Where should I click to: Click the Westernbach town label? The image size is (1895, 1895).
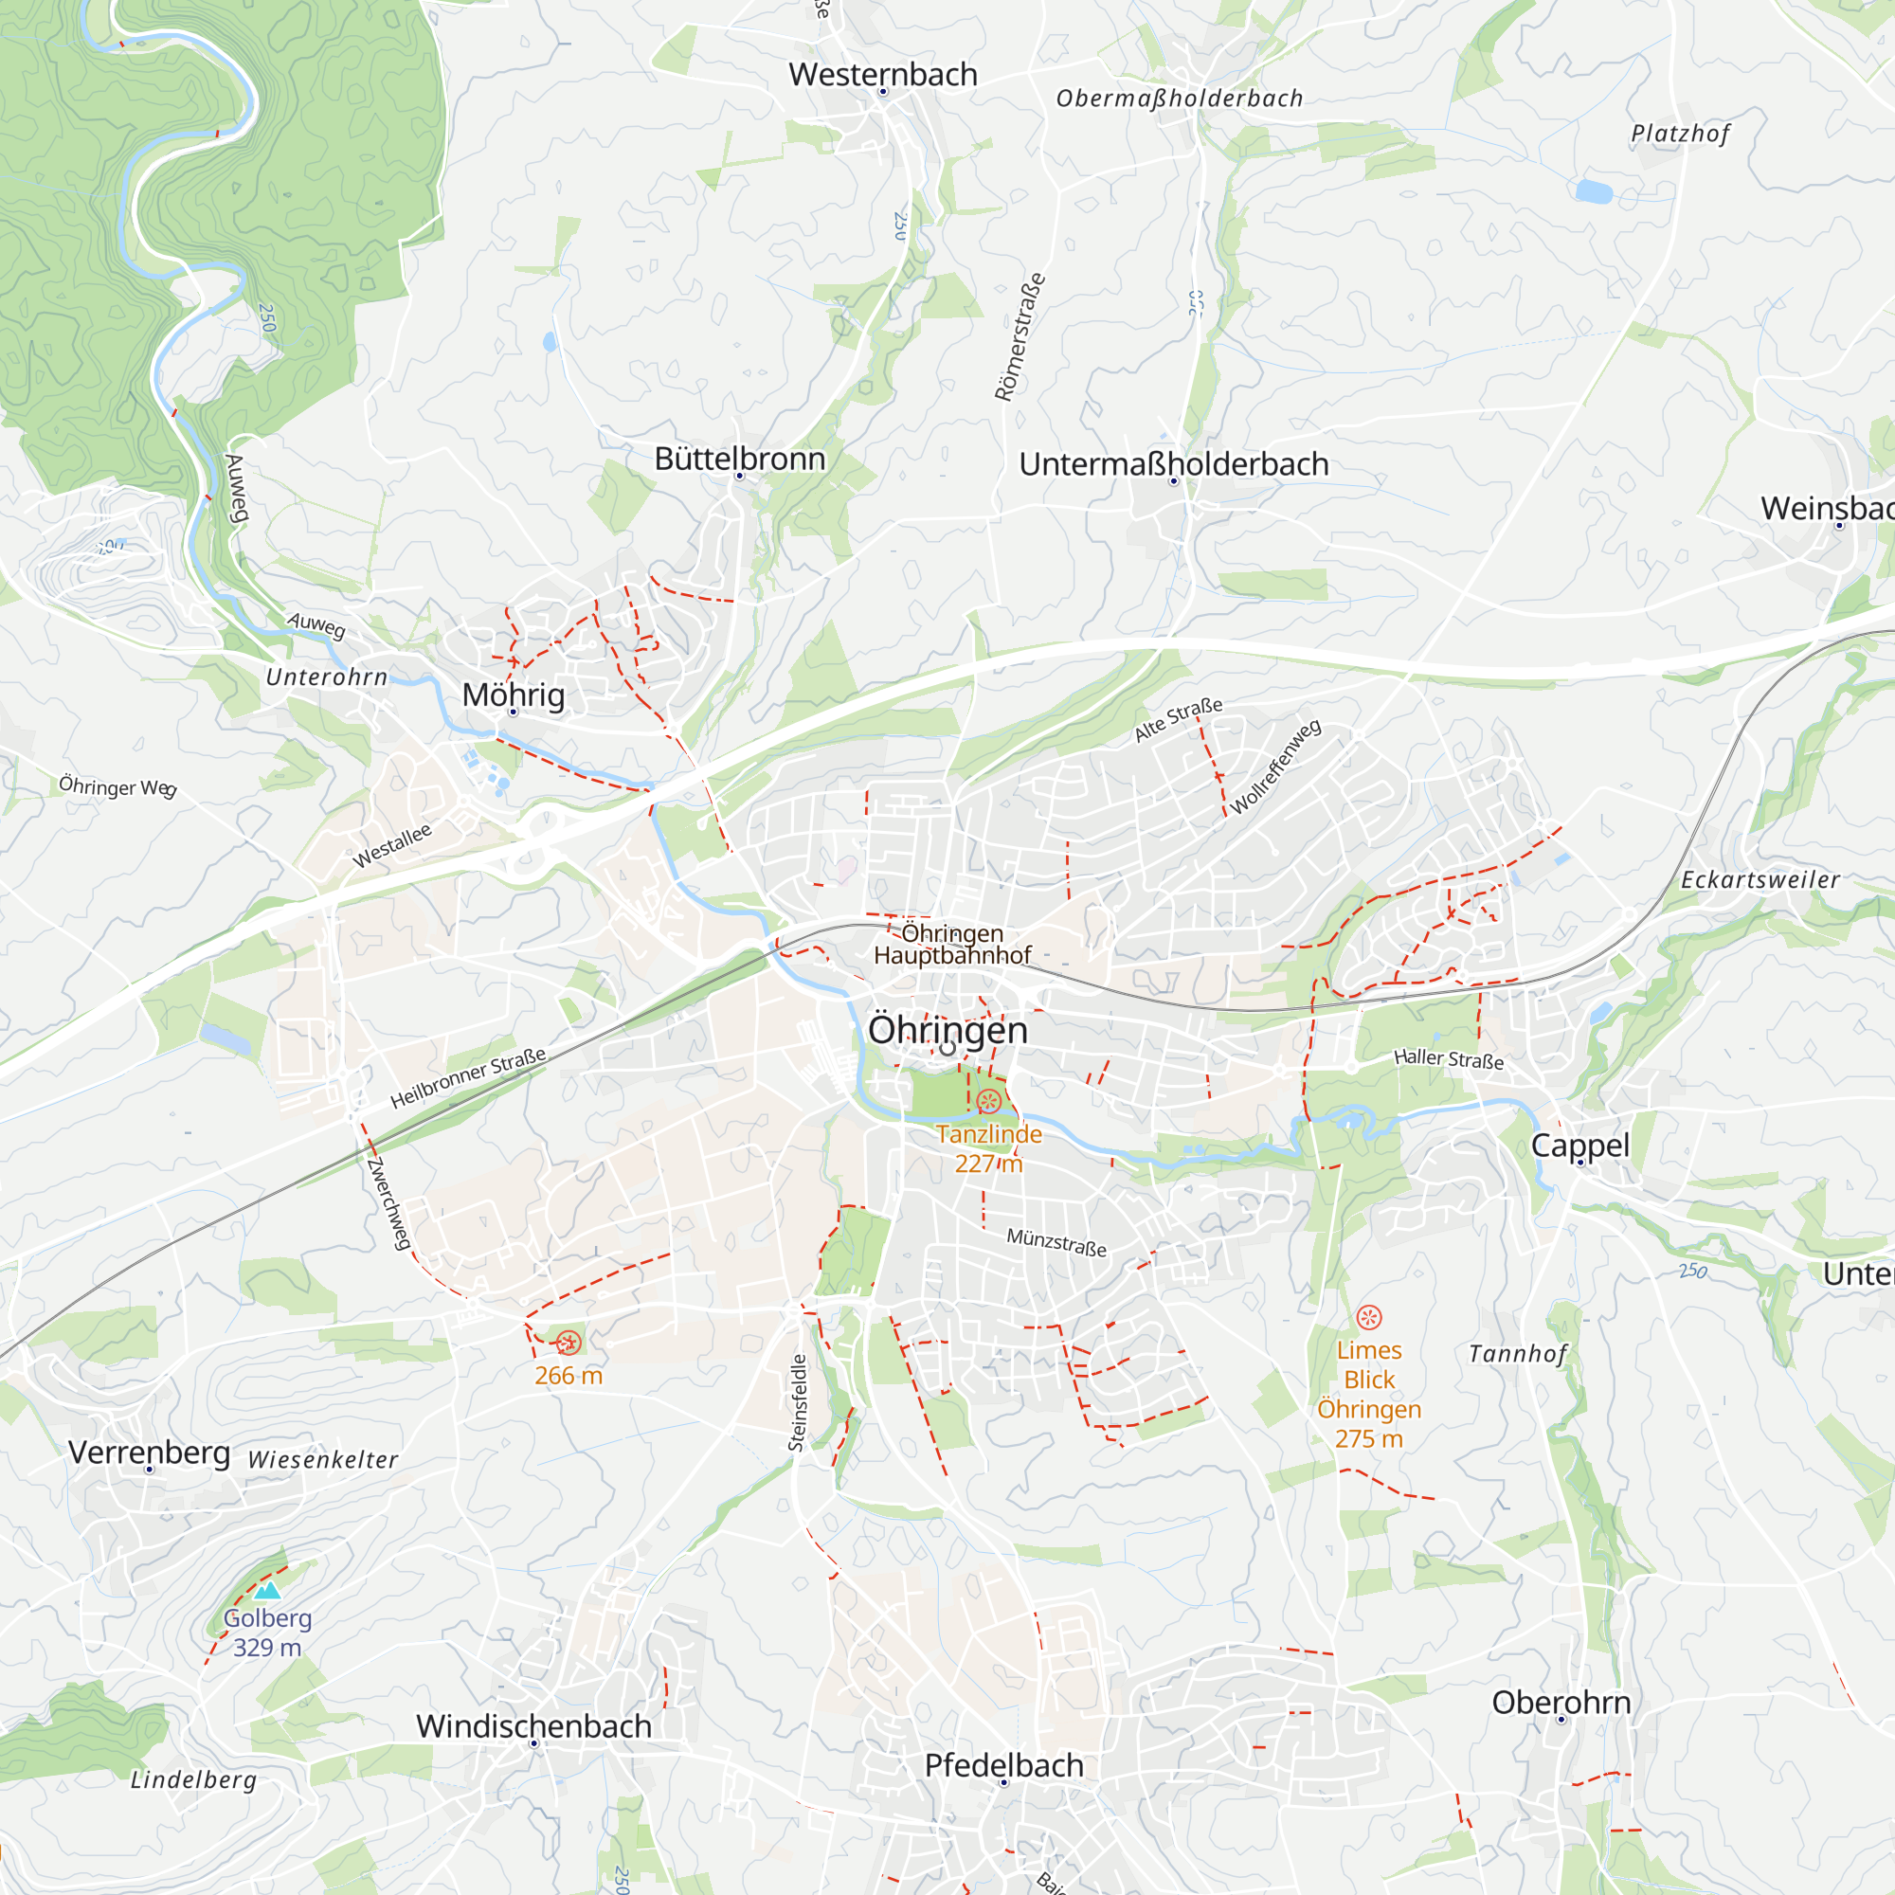pyautogui.click(x=883, y=75)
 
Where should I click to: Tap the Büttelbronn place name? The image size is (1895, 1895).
pyautogui.click(x=740, y=459)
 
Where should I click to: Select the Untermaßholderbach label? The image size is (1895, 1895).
pyautogui.click(x=1173, y=464)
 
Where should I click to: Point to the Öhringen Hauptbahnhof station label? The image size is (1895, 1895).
pyautogui.click(x=951, y=944)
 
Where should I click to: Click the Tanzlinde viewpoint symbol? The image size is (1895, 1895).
pyautogui.click(x=987, y=1100)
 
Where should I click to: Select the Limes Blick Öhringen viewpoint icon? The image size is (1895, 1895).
pyautogui.click(x=1368, y=1317)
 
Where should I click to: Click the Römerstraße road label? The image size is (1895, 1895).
pyautogui.click(x=1020, y=337)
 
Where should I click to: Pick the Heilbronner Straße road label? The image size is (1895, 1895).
pyautogui.click(x=468, y=1078)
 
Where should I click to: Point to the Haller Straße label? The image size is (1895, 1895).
pyautogui.click(x=1448, y=1059)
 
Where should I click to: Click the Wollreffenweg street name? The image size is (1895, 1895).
pyautogui.click(x=1275, y=767)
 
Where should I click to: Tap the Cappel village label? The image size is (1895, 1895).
pyautogui.click(x=1579, y=1145)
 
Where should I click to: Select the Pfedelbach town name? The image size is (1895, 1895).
pyautogui.click(x=1003, y=1765)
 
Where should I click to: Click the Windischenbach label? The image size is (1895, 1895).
pyautogui.click(x=533, y=1726)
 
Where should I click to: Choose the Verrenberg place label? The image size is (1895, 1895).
pyautogui.click(x=149, y=1453)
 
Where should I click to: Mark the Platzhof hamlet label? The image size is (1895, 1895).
pyautogui.click(x=1680, y=135)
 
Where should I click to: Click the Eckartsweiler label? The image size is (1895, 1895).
pyautogui.click(x=1760, y=880)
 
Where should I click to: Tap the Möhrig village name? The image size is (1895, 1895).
pyautogui.click(x=513, y=695)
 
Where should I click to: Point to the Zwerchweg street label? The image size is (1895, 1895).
pyautogui.click(x=388, y=1203)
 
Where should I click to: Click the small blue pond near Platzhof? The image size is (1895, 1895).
pyautogui.click(x=1594, y=190)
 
